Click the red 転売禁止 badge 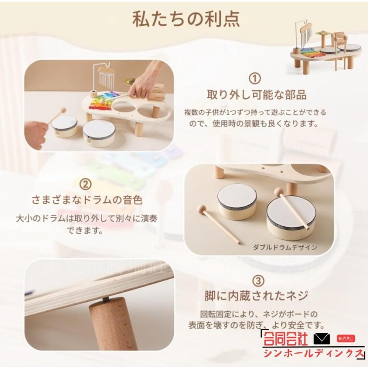(x=347, y=339)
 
